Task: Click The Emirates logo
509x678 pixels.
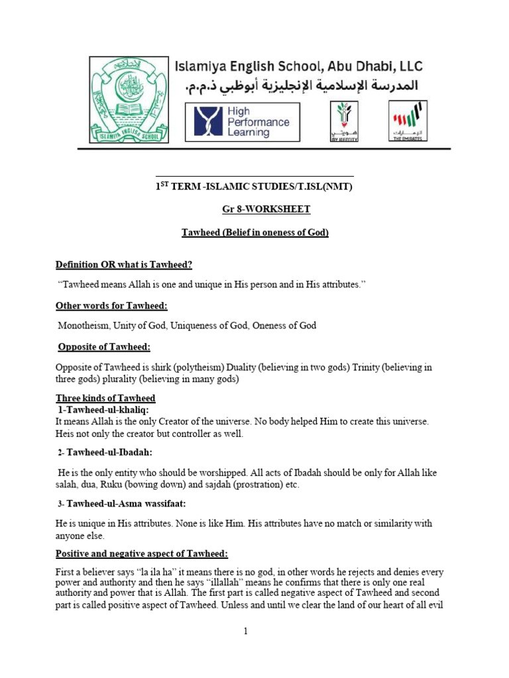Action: pyautogui.click(x=407, y=121)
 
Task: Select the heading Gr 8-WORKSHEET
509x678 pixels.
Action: pyautogui.click(x=266, y=209)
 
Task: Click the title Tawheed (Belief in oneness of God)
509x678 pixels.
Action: pyautogui.click(x=255, y=232)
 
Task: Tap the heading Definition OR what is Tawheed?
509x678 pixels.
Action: pyautogui.click(x=123, y=265)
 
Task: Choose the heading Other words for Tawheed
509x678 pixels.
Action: pyautogui.click(x=111, y=305)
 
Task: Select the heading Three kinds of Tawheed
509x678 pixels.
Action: pyautogui.click(x=105, y=398)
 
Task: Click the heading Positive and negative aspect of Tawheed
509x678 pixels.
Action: pyautogui.click(x=141, y=554)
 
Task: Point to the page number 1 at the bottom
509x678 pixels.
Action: pyautogui.click(x=245, y=632)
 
